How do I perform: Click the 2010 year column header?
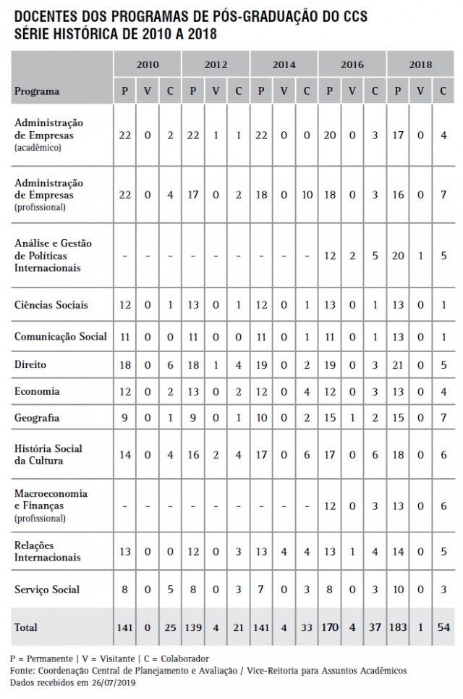point(147,64)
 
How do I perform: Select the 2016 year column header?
point(352,64)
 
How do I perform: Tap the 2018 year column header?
point(420,64)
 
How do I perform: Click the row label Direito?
point(30,364)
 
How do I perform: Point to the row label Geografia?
point(36,418)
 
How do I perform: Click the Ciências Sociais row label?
point(51,305)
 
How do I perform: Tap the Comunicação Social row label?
point(61,336)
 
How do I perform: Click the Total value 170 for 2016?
point(331,627)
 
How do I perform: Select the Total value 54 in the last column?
point(443,627)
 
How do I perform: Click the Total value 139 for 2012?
point(193,627)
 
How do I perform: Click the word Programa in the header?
point(37,91)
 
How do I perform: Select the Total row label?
point(26,627)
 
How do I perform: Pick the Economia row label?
point(37,391)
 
